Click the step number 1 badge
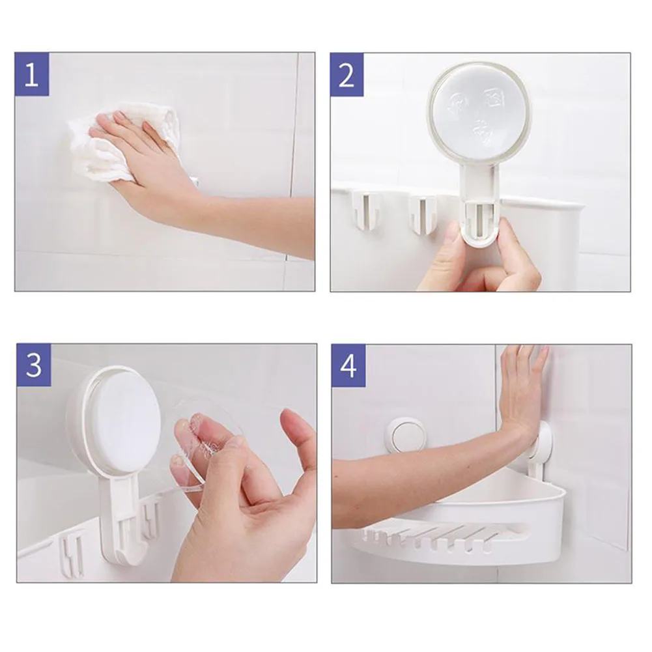32,74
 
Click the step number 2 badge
347,75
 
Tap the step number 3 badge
34,365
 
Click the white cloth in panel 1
125,141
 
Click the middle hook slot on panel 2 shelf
421,210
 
